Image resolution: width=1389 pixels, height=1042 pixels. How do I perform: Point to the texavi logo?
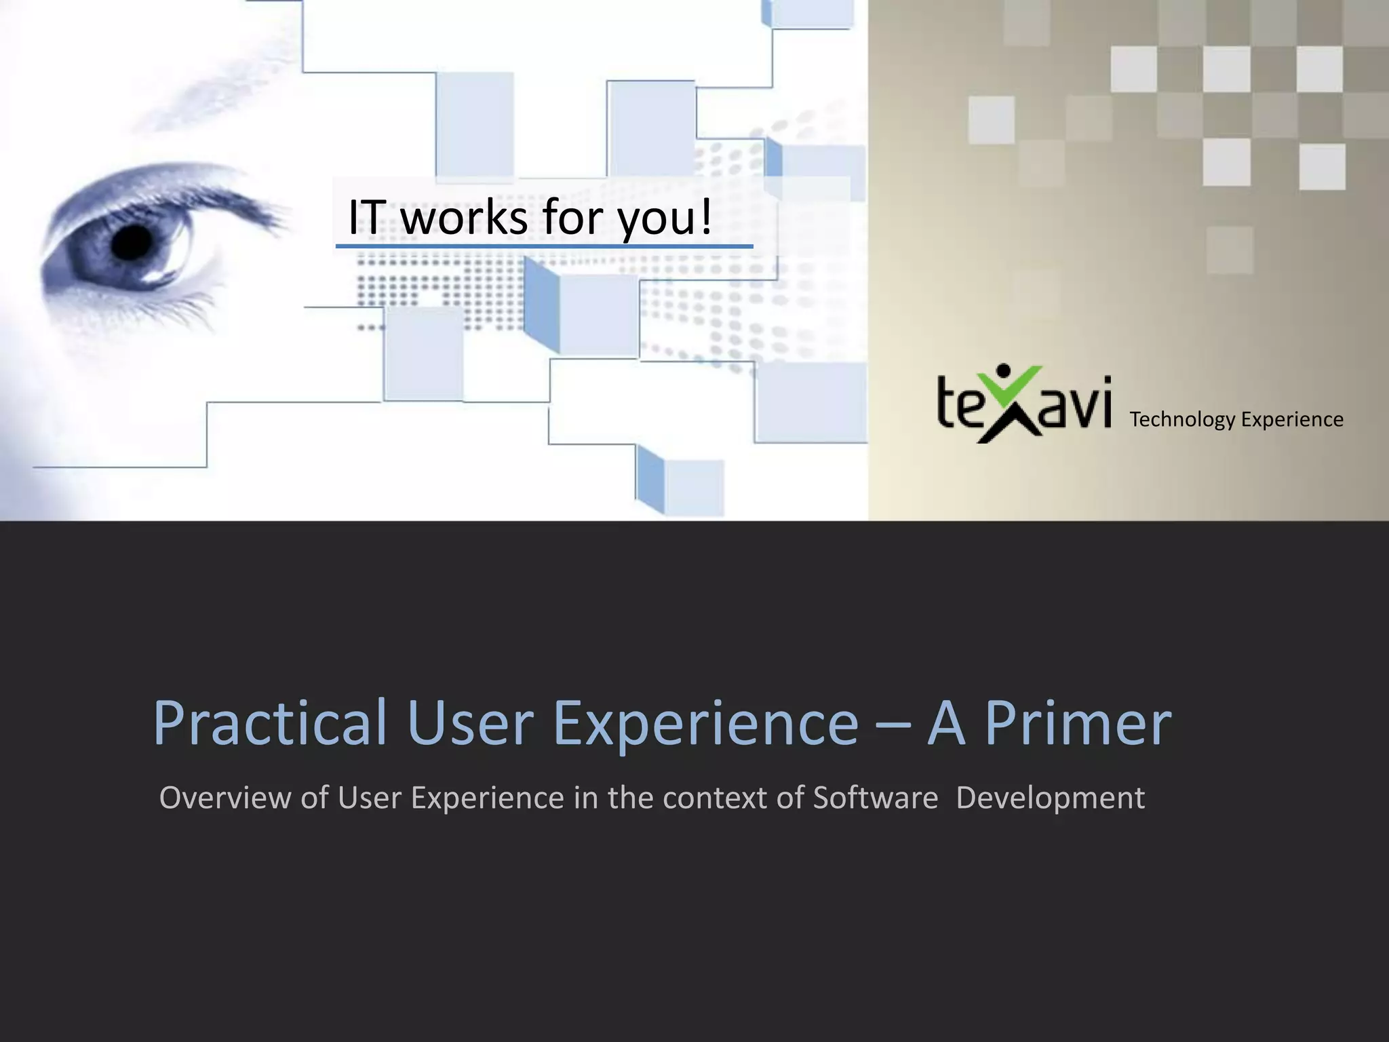click(1024, 404)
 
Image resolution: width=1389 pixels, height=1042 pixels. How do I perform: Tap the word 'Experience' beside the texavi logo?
click(1293, 420)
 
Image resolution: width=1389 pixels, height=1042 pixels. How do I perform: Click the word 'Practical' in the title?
click(271, 723)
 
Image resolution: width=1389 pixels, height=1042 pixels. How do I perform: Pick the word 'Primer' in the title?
click(1078, 723)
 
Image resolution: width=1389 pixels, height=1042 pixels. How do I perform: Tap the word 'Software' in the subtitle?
click(875, 798)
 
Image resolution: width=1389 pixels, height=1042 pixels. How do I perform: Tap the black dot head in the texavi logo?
click(1004, 372)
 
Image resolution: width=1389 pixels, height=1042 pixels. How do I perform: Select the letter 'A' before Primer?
click(946, 723)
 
